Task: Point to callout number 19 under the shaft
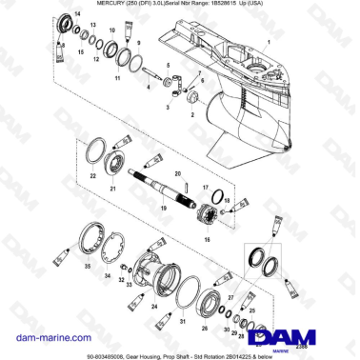(164, 207)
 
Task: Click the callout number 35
(90, 270)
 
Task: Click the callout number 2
(193, 112)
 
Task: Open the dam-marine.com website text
(45, 310)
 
